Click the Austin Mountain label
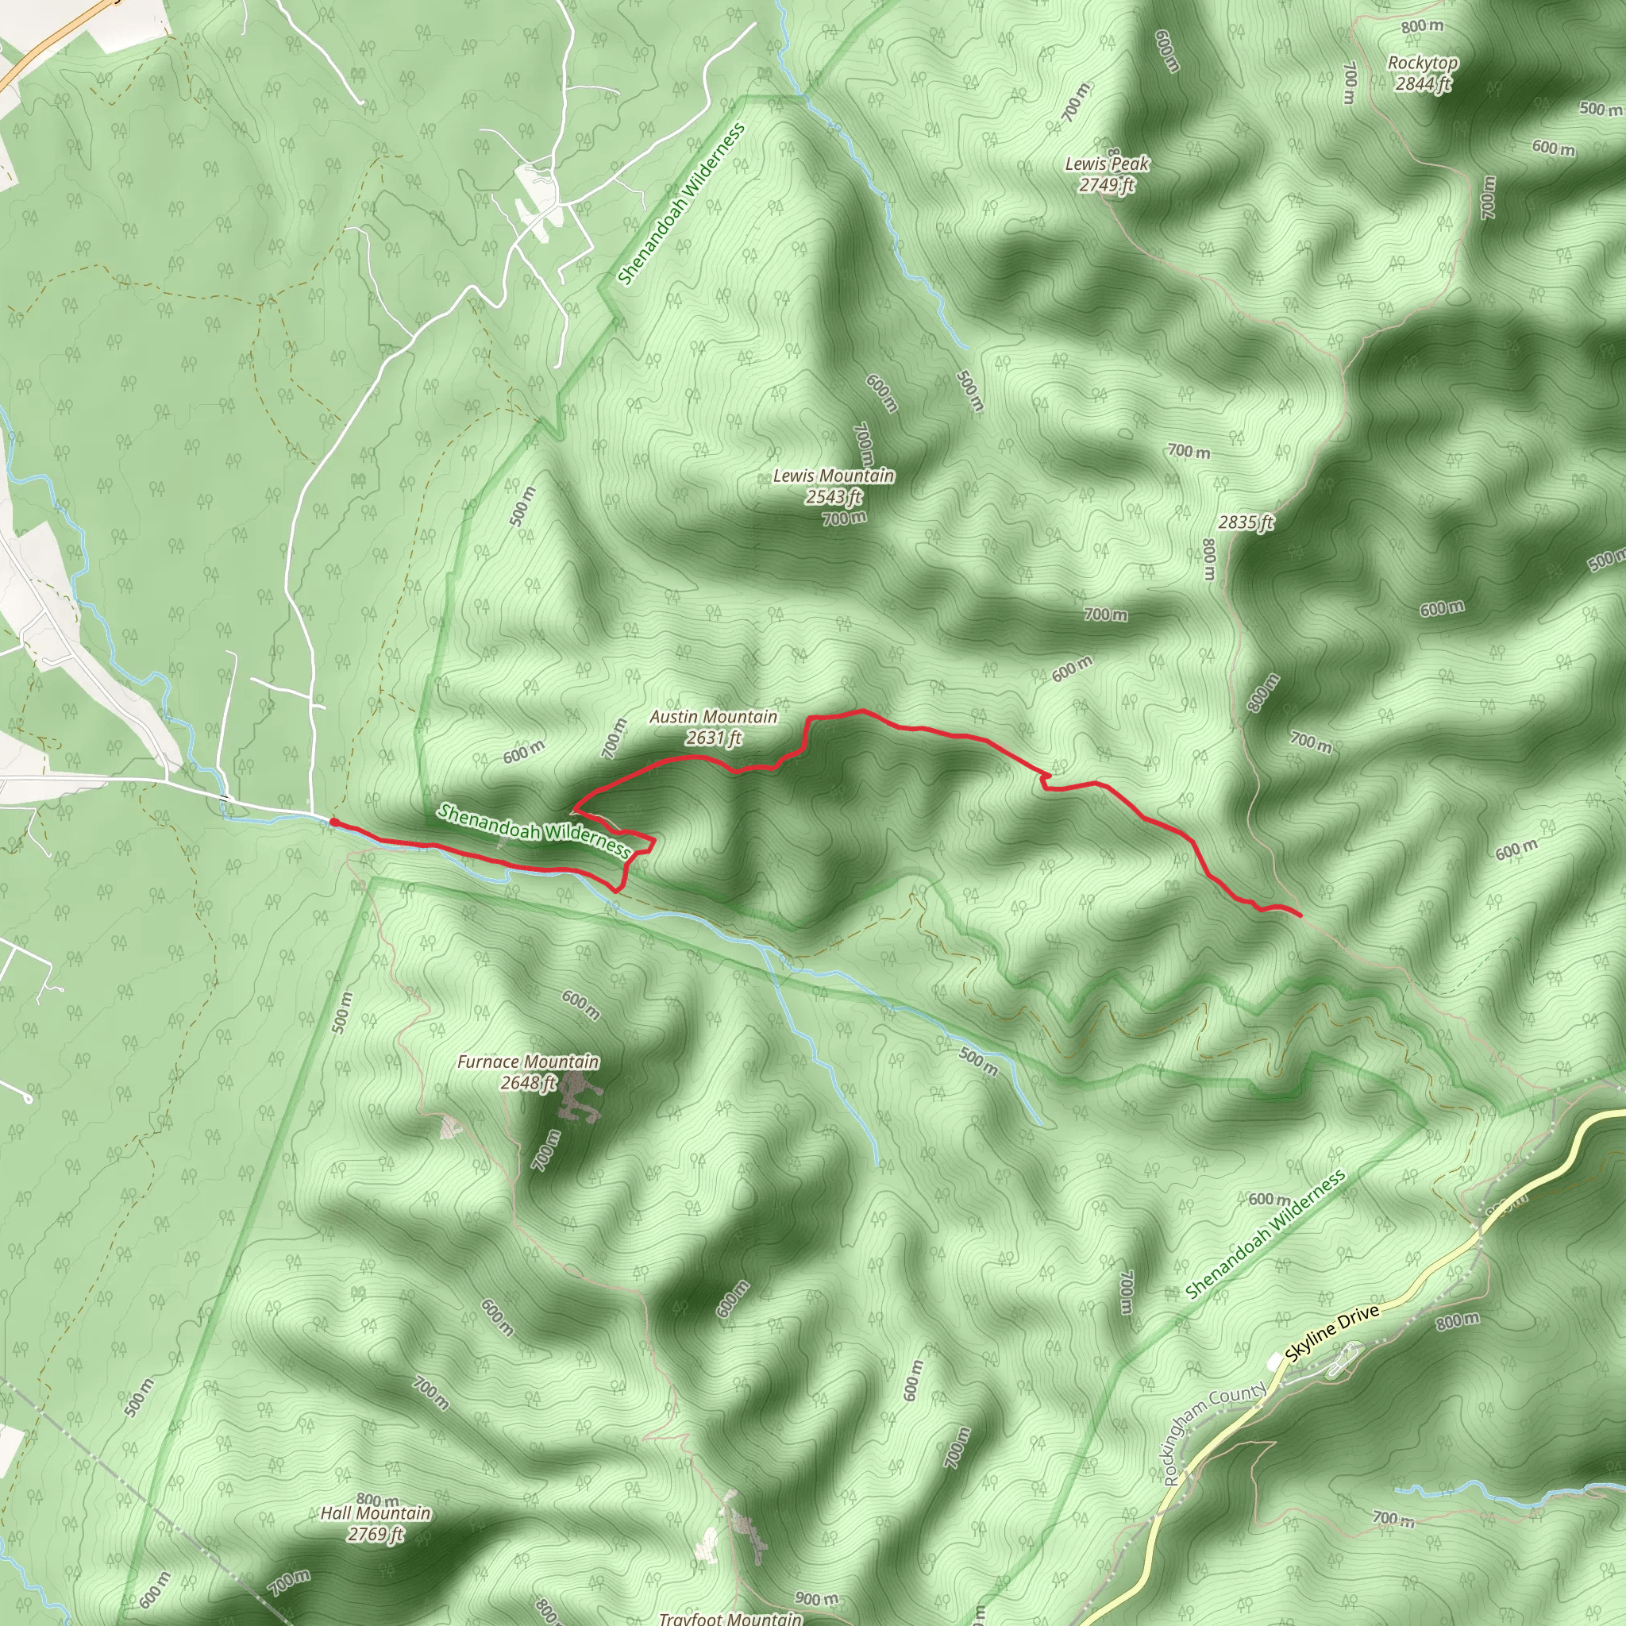(713, 717)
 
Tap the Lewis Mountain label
(833, 476)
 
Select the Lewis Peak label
(1107, 164)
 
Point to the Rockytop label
(1422, 64)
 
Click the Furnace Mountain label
(528, 1062)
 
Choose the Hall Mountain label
(376, 1513)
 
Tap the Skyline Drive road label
(1332, 1334)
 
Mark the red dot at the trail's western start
(334, 823)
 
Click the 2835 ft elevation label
(1246, 522)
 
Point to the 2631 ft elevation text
(713, 738)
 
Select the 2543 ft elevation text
(833, 497)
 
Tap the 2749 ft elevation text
(1107, 184)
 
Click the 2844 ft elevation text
(1422, 83)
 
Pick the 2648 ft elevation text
(528, 1083)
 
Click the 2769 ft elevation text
(376, 1534)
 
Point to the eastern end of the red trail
(1300, 915)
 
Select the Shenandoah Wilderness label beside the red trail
(534, 830)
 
